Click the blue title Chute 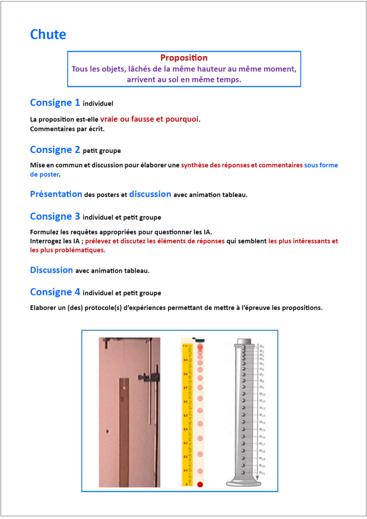click(48, 34)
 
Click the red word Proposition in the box click(183, 58)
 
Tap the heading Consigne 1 click(55, 102)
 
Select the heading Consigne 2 click(55, 150)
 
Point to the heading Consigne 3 click(55, 216)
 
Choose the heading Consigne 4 click(55, 292)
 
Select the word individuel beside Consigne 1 click(98, 103)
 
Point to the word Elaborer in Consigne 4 click(45, 308)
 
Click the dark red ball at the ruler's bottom click(200, 485)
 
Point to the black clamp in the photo click(146, 378)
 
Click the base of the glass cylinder click(244, 482)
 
